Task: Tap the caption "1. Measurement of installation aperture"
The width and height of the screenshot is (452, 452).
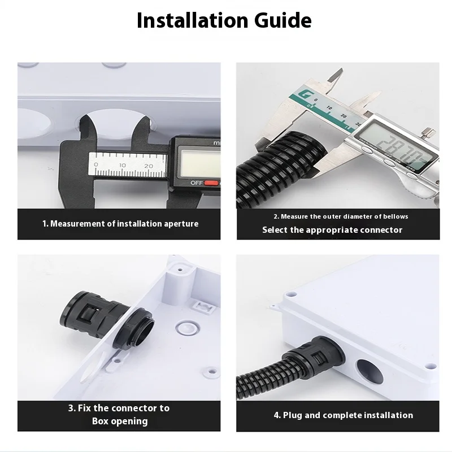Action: click(120, 224)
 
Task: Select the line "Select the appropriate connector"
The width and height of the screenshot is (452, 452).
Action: click(332, 230)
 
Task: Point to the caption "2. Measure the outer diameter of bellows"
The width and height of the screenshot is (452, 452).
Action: click(341, 216)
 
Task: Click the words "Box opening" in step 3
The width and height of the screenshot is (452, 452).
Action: click(120, 421)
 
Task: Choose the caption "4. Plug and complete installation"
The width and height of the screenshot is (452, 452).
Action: click(344, 415)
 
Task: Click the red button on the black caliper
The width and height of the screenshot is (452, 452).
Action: click(211, 183)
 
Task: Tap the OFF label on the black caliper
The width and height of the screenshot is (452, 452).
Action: click(196, 183)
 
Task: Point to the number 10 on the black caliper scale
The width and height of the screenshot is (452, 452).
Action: click(121, 166)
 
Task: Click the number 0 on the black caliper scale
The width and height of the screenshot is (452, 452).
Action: click(95, 166)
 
